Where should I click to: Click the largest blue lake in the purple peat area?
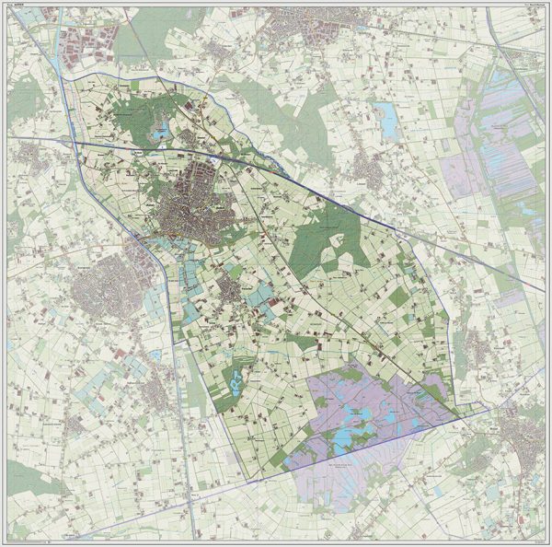click(348, 436)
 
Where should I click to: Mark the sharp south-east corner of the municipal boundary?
click(459, 414)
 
